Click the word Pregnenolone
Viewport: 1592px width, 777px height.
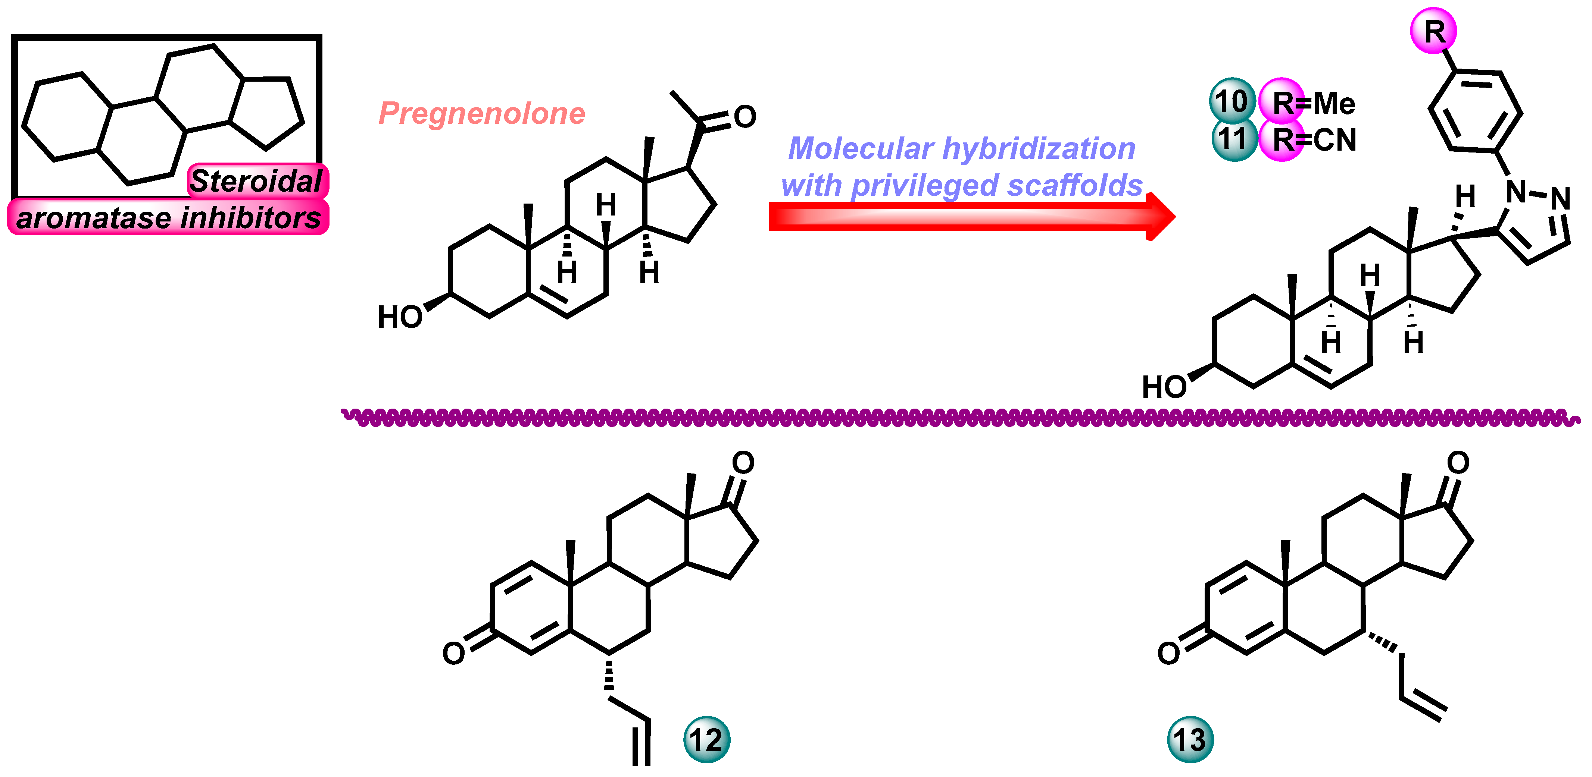tap(481, 114)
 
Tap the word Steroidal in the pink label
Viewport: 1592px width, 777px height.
tap(256, 181)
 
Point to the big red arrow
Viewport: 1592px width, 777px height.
tap(970, 216)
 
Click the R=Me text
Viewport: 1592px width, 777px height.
tap(1314, 103)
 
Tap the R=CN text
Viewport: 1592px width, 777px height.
tap(1314, 140)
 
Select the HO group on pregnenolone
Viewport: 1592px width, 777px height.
tap(400, 317)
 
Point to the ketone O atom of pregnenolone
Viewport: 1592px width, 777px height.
tap(745, 117)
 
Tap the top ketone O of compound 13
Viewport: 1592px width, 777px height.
tap(1458, 462)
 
